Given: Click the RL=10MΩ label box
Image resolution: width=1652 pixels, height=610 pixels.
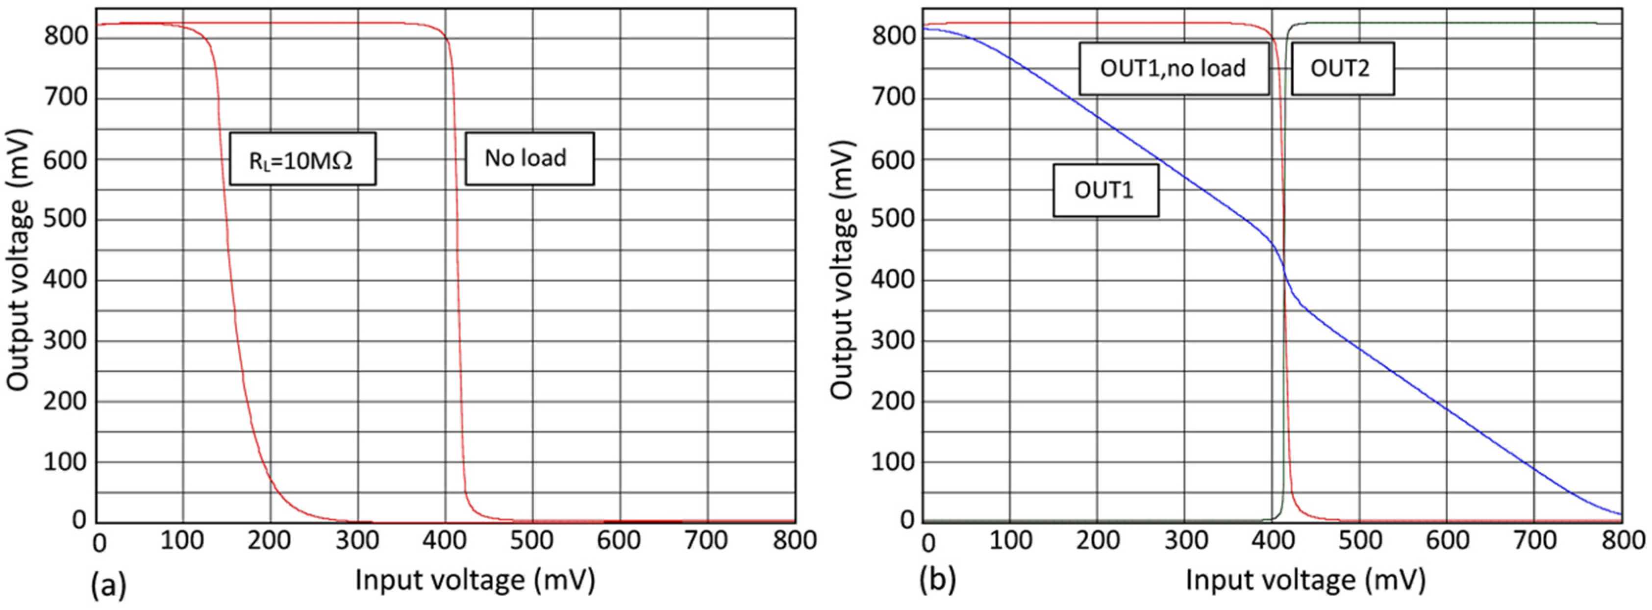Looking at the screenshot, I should [x=302, y=159].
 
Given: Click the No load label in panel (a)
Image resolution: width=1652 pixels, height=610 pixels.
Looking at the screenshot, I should [x=528, y=158].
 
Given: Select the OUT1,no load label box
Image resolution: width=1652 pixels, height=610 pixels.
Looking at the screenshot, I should [x=1173, y=69].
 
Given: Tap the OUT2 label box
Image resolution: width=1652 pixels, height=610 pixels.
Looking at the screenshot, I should [x=1342, y=69].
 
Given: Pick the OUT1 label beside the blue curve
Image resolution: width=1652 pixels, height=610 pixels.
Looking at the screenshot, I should [x=1105, y=191].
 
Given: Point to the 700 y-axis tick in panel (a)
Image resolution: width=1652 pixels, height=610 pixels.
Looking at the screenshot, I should [x=65, y=98].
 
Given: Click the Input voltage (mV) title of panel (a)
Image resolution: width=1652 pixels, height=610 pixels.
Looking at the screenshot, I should [x=475, y=580].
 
